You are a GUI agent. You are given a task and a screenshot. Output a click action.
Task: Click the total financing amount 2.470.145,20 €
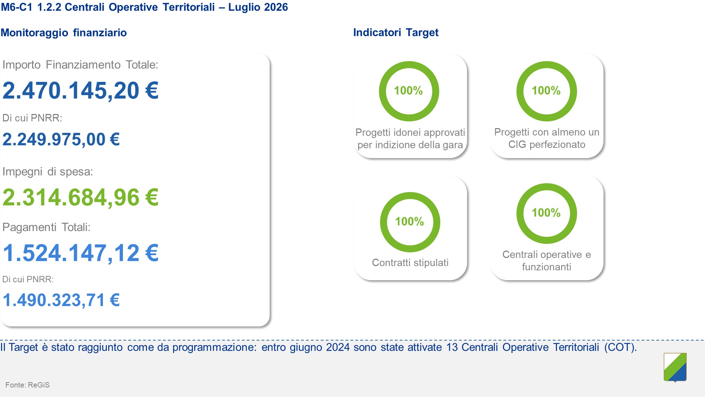click(80, 91)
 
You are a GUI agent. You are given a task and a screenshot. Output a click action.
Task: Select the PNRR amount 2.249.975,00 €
click(61, 139)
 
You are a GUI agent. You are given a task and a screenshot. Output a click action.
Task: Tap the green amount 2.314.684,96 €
click(80, 198)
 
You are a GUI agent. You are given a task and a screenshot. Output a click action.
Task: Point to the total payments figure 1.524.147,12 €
click(81, 253)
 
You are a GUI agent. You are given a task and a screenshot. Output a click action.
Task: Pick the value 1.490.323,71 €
click(61, 300)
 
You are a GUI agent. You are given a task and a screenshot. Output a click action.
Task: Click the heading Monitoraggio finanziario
click(64, 32)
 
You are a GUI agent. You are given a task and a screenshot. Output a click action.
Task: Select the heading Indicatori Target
click(396, 32)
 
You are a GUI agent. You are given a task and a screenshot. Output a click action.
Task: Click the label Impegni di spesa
click(48, 172)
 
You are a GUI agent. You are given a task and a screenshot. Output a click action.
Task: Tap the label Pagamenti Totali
click(46, 227)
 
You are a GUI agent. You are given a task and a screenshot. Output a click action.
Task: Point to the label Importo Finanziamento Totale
click(80, 65)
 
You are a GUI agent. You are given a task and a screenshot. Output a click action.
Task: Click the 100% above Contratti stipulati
click(410, 222)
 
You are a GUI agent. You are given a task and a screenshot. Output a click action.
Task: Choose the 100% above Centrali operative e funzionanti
click(546, 213)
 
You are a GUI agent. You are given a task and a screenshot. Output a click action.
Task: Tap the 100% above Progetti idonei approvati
click(408, 91)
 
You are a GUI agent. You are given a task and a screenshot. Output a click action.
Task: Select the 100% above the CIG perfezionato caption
click(546, 91)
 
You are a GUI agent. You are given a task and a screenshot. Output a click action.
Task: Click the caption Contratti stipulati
click(410, 263)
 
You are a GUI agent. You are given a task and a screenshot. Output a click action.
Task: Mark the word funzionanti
click(546, 267)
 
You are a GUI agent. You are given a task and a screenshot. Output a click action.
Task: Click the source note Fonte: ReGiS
click(27, 385)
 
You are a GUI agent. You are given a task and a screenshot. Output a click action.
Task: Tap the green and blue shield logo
click(675, 367)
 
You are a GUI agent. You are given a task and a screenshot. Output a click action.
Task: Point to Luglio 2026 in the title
click(258, 7)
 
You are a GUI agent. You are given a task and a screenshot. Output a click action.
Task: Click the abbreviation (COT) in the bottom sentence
click(620, 347)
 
